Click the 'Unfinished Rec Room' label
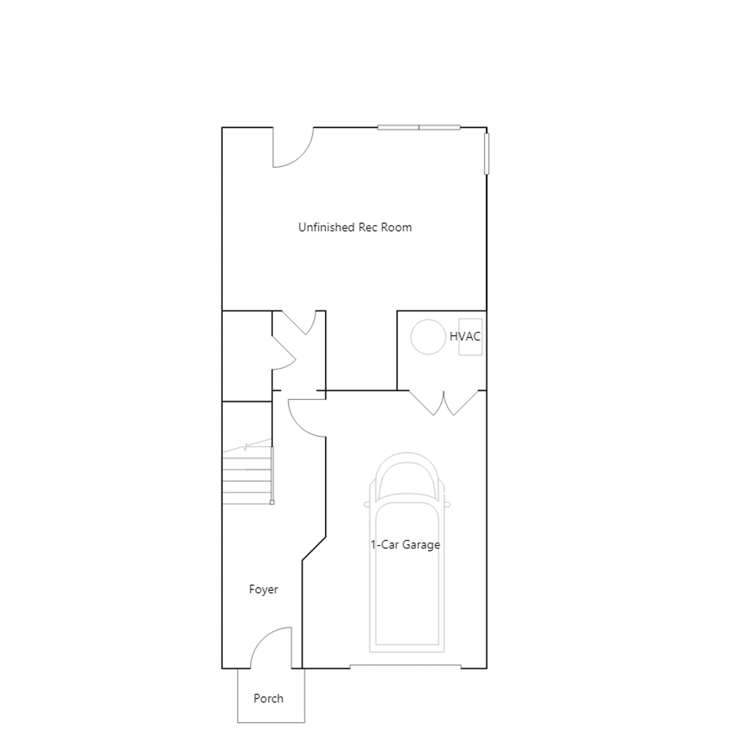pos(355,227)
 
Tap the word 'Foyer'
pos(263,589)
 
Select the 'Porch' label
pos(268,699)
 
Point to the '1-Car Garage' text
pos(405,545)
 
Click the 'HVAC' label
pos(465,337)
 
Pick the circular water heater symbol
pos(428,337)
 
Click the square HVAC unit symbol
pos(470,337)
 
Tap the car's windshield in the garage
pos(407,474)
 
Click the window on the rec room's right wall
pos(486,153)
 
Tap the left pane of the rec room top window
pos(398,127)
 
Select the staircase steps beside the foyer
pos(247,475)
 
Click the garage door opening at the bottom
pos(406,667)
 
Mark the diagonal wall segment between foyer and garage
pos(314,548)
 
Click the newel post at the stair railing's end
pos(272,502)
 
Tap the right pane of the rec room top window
pos(440,127)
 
